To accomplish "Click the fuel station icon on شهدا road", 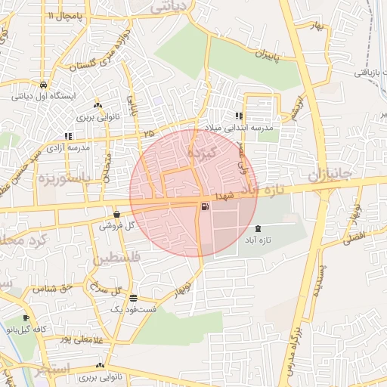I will point(205,207).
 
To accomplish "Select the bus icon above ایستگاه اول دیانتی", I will point(44,85).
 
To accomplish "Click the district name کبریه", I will point(205,153).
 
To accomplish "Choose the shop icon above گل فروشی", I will point(116,214).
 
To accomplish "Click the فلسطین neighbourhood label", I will point(117,260).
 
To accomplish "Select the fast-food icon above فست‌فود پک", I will point(133,298).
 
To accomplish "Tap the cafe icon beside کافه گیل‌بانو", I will point(26,318).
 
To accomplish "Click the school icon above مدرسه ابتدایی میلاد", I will point(239,116).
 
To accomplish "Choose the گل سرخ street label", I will point(105,288).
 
